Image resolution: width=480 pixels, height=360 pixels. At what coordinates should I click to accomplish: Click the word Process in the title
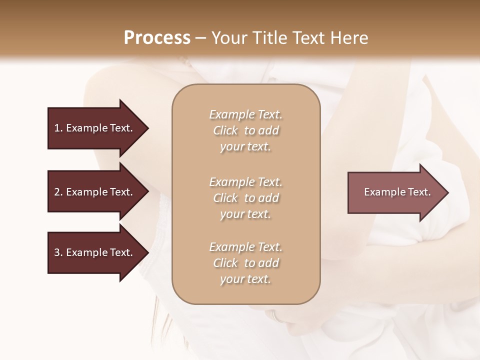(x=157, y=38)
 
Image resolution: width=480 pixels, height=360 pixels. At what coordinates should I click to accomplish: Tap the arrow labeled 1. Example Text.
(x=95, y=128)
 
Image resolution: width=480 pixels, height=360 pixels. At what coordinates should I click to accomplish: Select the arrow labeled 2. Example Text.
(x=95, y=192)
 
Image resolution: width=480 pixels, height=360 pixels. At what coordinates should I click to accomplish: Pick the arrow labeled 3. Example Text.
(x=95, y=252)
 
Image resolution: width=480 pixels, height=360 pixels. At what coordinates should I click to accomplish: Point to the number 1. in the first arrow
(x=58, y=128)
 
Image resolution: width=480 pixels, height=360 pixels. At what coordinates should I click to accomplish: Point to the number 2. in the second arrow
(x=58, y=192)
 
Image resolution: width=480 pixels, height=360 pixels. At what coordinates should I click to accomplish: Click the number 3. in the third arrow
(x=58, y=252)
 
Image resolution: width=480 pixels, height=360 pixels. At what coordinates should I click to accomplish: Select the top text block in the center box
(x=245, y=130)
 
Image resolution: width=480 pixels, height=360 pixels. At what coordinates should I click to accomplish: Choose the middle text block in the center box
(x=245, y=198)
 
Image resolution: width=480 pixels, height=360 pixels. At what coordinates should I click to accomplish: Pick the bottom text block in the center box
(x=245, y=263)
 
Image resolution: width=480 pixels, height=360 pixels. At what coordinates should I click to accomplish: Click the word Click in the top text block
(x=225, y=131)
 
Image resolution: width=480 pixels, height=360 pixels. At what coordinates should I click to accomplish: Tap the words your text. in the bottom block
(x=245, y=279)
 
